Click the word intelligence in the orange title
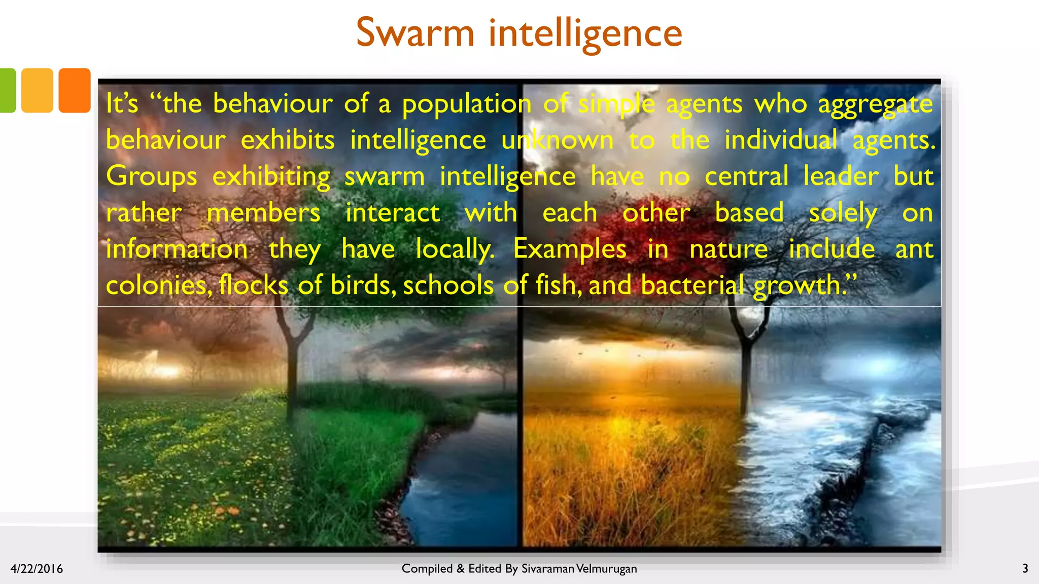(585, 33)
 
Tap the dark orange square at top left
(75, 90)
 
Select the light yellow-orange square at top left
(37, 90)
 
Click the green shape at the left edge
(7, 90)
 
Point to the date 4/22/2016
(37, 569)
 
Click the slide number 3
(1025, 568)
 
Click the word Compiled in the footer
(427, 569)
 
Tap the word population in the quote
(467, 104)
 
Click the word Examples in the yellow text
(570, 249)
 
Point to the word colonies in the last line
(159, 285)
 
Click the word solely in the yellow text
(843, 213)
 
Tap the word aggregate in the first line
(875, 104)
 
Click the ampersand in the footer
(460, 569)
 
